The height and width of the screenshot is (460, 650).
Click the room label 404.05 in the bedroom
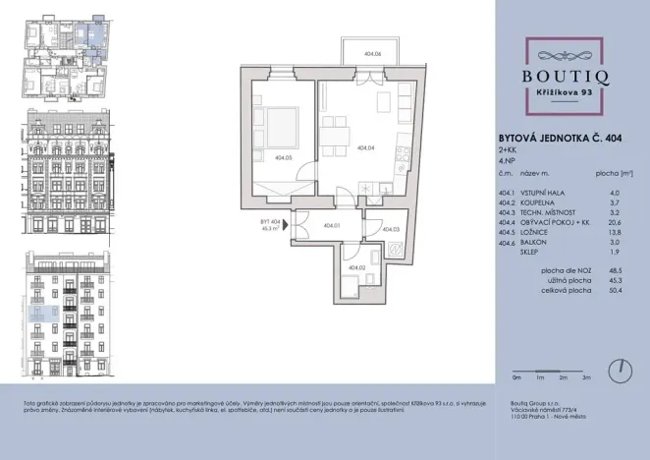(283, 155)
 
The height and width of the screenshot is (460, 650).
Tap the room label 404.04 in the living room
(366, 147)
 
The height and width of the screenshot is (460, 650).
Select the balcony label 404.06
(372, 55)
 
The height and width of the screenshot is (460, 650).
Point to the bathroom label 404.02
(354, 267)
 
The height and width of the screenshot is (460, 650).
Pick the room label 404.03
(392, 230)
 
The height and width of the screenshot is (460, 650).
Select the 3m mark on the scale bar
(585, 376)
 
